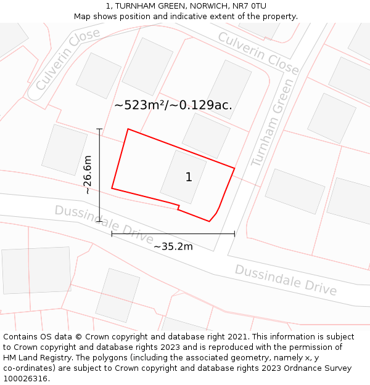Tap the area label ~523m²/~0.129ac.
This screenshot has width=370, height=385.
click(x=173, y=105)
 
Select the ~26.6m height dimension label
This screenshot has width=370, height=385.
click(x=88, y=175)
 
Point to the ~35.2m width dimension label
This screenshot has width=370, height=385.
click(x=173, y=247)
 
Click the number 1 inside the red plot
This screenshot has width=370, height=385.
click(x=189, y=177)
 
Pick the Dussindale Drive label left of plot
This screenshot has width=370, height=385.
click(x=104, y=223)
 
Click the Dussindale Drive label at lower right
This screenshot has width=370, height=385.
click(x=286, y=280)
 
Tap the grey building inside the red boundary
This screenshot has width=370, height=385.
click(x=183, y=176)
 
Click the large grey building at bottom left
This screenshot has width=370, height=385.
click(x=36, y=270)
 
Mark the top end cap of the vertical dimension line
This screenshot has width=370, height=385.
click(x=99, y=129)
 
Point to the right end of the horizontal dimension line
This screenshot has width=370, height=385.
click(x=234, y=233)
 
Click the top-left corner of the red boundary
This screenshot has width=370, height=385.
click(x=128, y=129)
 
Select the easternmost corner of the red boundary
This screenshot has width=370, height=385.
click(x=234, y=168)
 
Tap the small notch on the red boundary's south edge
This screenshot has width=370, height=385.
click(x=178, y=207)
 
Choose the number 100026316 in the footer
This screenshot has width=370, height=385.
click(x=26, y=379)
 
